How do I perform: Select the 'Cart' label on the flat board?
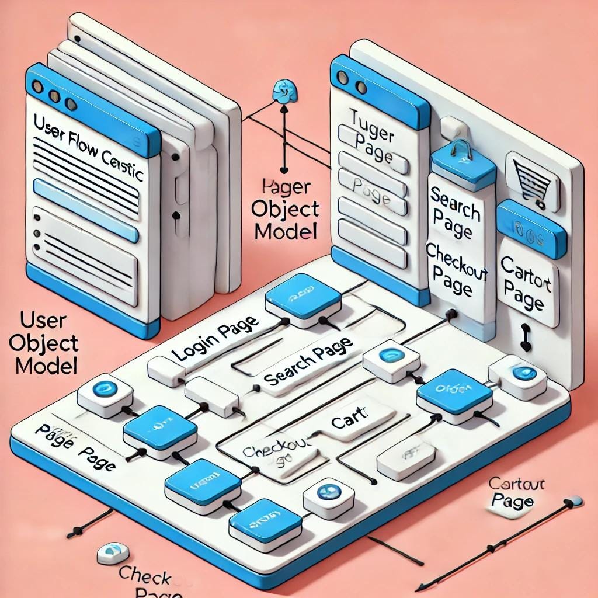point(349,419)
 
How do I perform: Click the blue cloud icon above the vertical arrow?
point(284,91)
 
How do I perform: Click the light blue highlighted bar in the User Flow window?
point(86,210)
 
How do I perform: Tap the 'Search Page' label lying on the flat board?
point(308,362)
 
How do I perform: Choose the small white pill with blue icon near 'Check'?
point(113,552)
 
